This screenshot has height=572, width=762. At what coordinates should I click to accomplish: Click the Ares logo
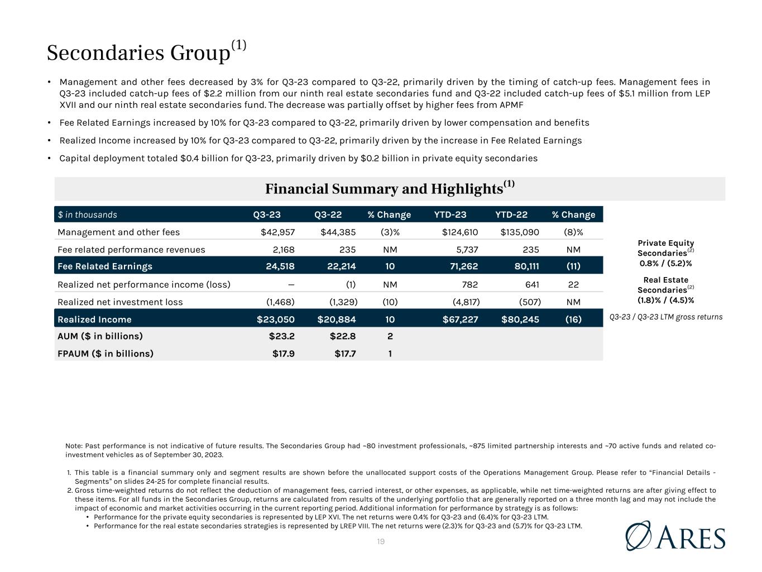675,536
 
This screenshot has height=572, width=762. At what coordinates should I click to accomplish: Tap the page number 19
381,541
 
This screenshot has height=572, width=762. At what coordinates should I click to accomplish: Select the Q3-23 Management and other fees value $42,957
277,232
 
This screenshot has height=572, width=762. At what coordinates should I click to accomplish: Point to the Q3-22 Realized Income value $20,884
337,320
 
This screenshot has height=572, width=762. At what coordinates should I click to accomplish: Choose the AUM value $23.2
282,336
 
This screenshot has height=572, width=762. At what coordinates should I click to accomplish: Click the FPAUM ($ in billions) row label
106,354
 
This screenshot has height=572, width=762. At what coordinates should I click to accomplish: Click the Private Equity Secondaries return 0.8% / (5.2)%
665,263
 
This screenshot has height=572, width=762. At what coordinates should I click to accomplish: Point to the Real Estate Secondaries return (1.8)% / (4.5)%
665,300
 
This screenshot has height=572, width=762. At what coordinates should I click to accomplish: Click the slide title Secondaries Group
138,53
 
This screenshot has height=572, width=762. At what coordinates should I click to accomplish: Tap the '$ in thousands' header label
88,214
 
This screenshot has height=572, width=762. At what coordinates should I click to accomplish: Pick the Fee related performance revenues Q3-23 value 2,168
280,250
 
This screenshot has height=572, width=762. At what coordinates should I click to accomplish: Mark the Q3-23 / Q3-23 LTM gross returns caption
665,317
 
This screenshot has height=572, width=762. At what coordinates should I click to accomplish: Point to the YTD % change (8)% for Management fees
573,232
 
